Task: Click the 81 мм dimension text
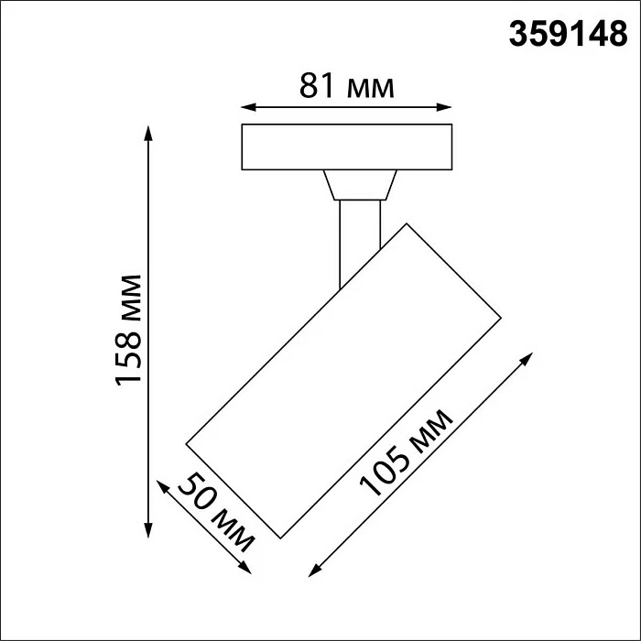tap(347, 87)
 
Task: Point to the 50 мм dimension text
tap(215, 513)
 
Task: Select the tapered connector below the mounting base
tap(359, 185)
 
